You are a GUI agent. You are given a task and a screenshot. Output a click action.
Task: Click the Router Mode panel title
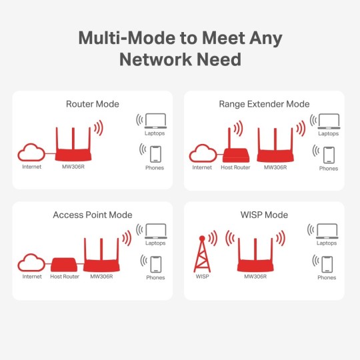coord(93,104)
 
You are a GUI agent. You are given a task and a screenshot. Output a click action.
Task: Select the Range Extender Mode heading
coord(264,104)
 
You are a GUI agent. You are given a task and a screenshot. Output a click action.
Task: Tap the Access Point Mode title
coord(93,215)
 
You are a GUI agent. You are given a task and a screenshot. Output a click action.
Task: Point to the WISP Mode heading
coord(264,215)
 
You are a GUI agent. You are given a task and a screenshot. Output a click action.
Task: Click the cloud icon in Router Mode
coord(31,152)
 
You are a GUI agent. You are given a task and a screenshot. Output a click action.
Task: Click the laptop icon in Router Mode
coord(155,121)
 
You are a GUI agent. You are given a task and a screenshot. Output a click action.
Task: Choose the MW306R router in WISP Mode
coord(257,257)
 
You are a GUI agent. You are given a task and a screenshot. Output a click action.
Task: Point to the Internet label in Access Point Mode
coord(31,277)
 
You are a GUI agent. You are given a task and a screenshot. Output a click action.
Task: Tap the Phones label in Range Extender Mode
coord(328,169)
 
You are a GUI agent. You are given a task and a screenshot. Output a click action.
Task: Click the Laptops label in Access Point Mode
coord(155,244)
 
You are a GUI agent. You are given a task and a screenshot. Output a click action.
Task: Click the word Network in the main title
coord(156,59)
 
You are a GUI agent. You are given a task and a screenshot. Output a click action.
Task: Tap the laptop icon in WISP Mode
coord(327,231)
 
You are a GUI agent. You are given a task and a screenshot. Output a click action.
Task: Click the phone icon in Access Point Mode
coord(155,262)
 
